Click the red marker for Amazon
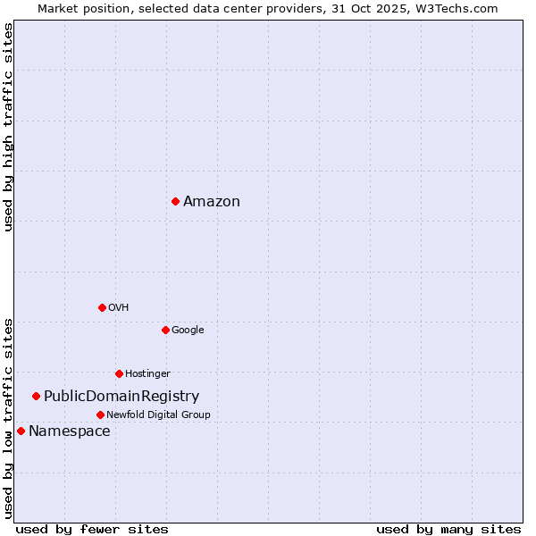[x=175, y=201]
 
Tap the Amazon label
[x=212, y=202]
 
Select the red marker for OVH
[x=102, y=307]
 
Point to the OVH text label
[x=118, y=308]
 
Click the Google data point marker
[x=165, y=330]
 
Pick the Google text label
[x=188, y=331]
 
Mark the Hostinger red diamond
[x=119, y=373]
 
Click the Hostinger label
[x=147, y=374]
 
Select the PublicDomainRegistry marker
[x=36, y=396]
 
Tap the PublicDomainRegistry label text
[x=121, y=397]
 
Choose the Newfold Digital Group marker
[x=100, y=415]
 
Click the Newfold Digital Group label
[x=158, y=415]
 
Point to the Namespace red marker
[x=21, y=431]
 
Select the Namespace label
[x=70, y=431]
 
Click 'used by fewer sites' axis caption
[x=92, y=529]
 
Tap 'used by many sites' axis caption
[x=448, y=529]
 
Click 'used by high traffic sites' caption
[x=9, y=127]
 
